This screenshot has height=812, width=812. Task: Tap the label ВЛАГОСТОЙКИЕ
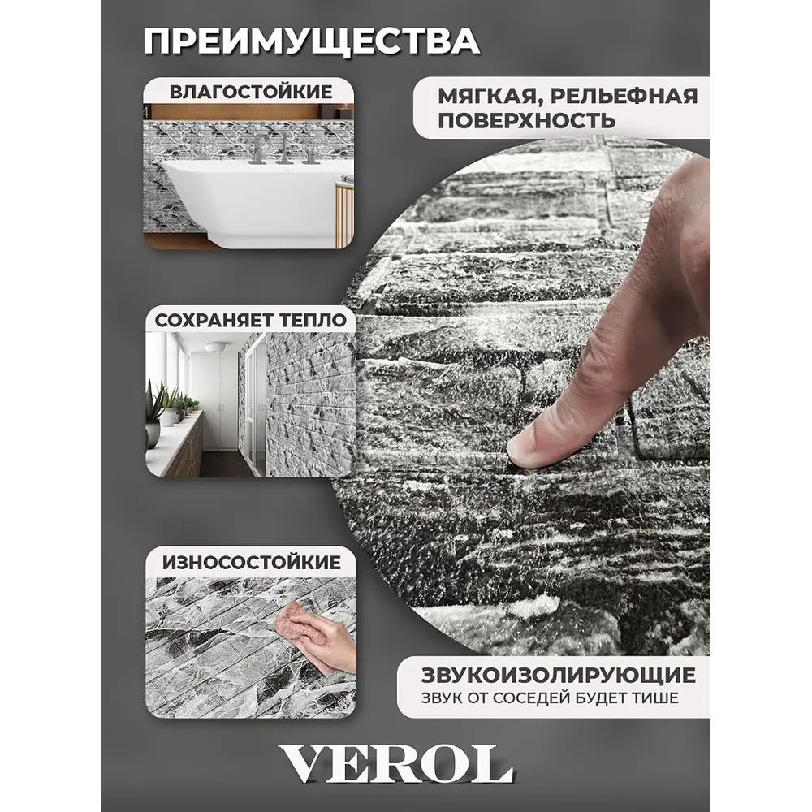(x=251, y=92)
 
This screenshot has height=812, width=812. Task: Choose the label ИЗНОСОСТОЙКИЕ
(x=252, y=563)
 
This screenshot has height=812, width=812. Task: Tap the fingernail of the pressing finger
(x=520, y=450)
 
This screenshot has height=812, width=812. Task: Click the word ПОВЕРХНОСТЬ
(x=526, y=121)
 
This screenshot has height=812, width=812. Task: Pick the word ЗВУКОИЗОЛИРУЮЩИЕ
(x=559, y=675)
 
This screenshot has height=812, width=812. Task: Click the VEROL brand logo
(x=395, y=765)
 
